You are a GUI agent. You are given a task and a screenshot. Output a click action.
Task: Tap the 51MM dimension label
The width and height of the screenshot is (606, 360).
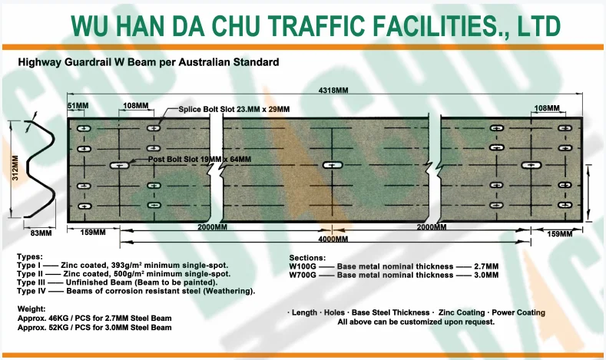(x=78, y=105)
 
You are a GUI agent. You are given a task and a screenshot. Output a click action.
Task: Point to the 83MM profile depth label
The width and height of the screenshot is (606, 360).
(x=41, y=232)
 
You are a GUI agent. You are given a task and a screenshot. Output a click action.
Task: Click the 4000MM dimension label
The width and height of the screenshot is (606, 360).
(x=331, y=239)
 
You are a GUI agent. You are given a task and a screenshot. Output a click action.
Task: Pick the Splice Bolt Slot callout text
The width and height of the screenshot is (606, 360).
(x=233, y=110)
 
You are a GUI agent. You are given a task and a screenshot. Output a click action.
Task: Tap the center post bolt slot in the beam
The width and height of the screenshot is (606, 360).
(x=332, y=165)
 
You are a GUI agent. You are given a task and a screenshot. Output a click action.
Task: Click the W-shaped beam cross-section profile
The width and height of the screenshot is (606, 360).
(x=38, y=167)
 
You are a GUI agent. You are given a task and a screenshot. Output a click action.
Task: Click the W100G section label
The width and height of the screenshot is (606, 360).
(x=303, y=266)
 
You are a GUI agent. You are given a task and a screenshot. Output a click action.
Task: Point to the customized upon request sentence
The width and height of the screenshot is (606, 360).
(x=416, y=322)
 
